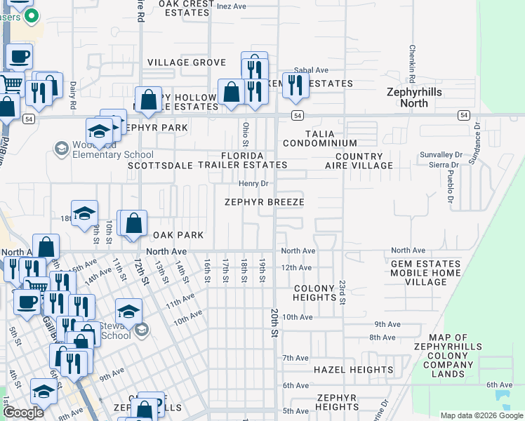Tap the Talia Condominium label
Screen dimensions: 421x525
(310, 138)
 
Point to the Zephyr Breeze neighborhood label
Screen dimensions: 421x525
(264, 202)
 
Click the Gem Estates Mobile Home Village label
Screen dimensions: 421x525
(426, 273)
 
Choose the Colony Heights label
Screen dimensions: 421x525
(314, 293)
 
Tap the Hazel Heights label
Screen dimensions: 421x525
(353, 370)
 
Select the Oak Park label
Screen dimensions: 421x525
(178, 235)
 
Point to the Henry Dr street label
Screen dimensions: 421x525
(253, 184)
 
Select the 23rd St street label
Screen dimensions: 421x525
(342, 292)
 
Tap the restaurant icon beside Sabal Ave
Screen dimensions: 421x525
(295, 86)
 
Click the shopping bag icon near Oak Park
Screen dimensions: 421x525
(133, 224)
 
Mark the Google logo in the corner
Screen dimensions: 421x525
(23, 413)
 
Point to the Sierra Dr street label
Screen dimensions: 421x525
(446, 166)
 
